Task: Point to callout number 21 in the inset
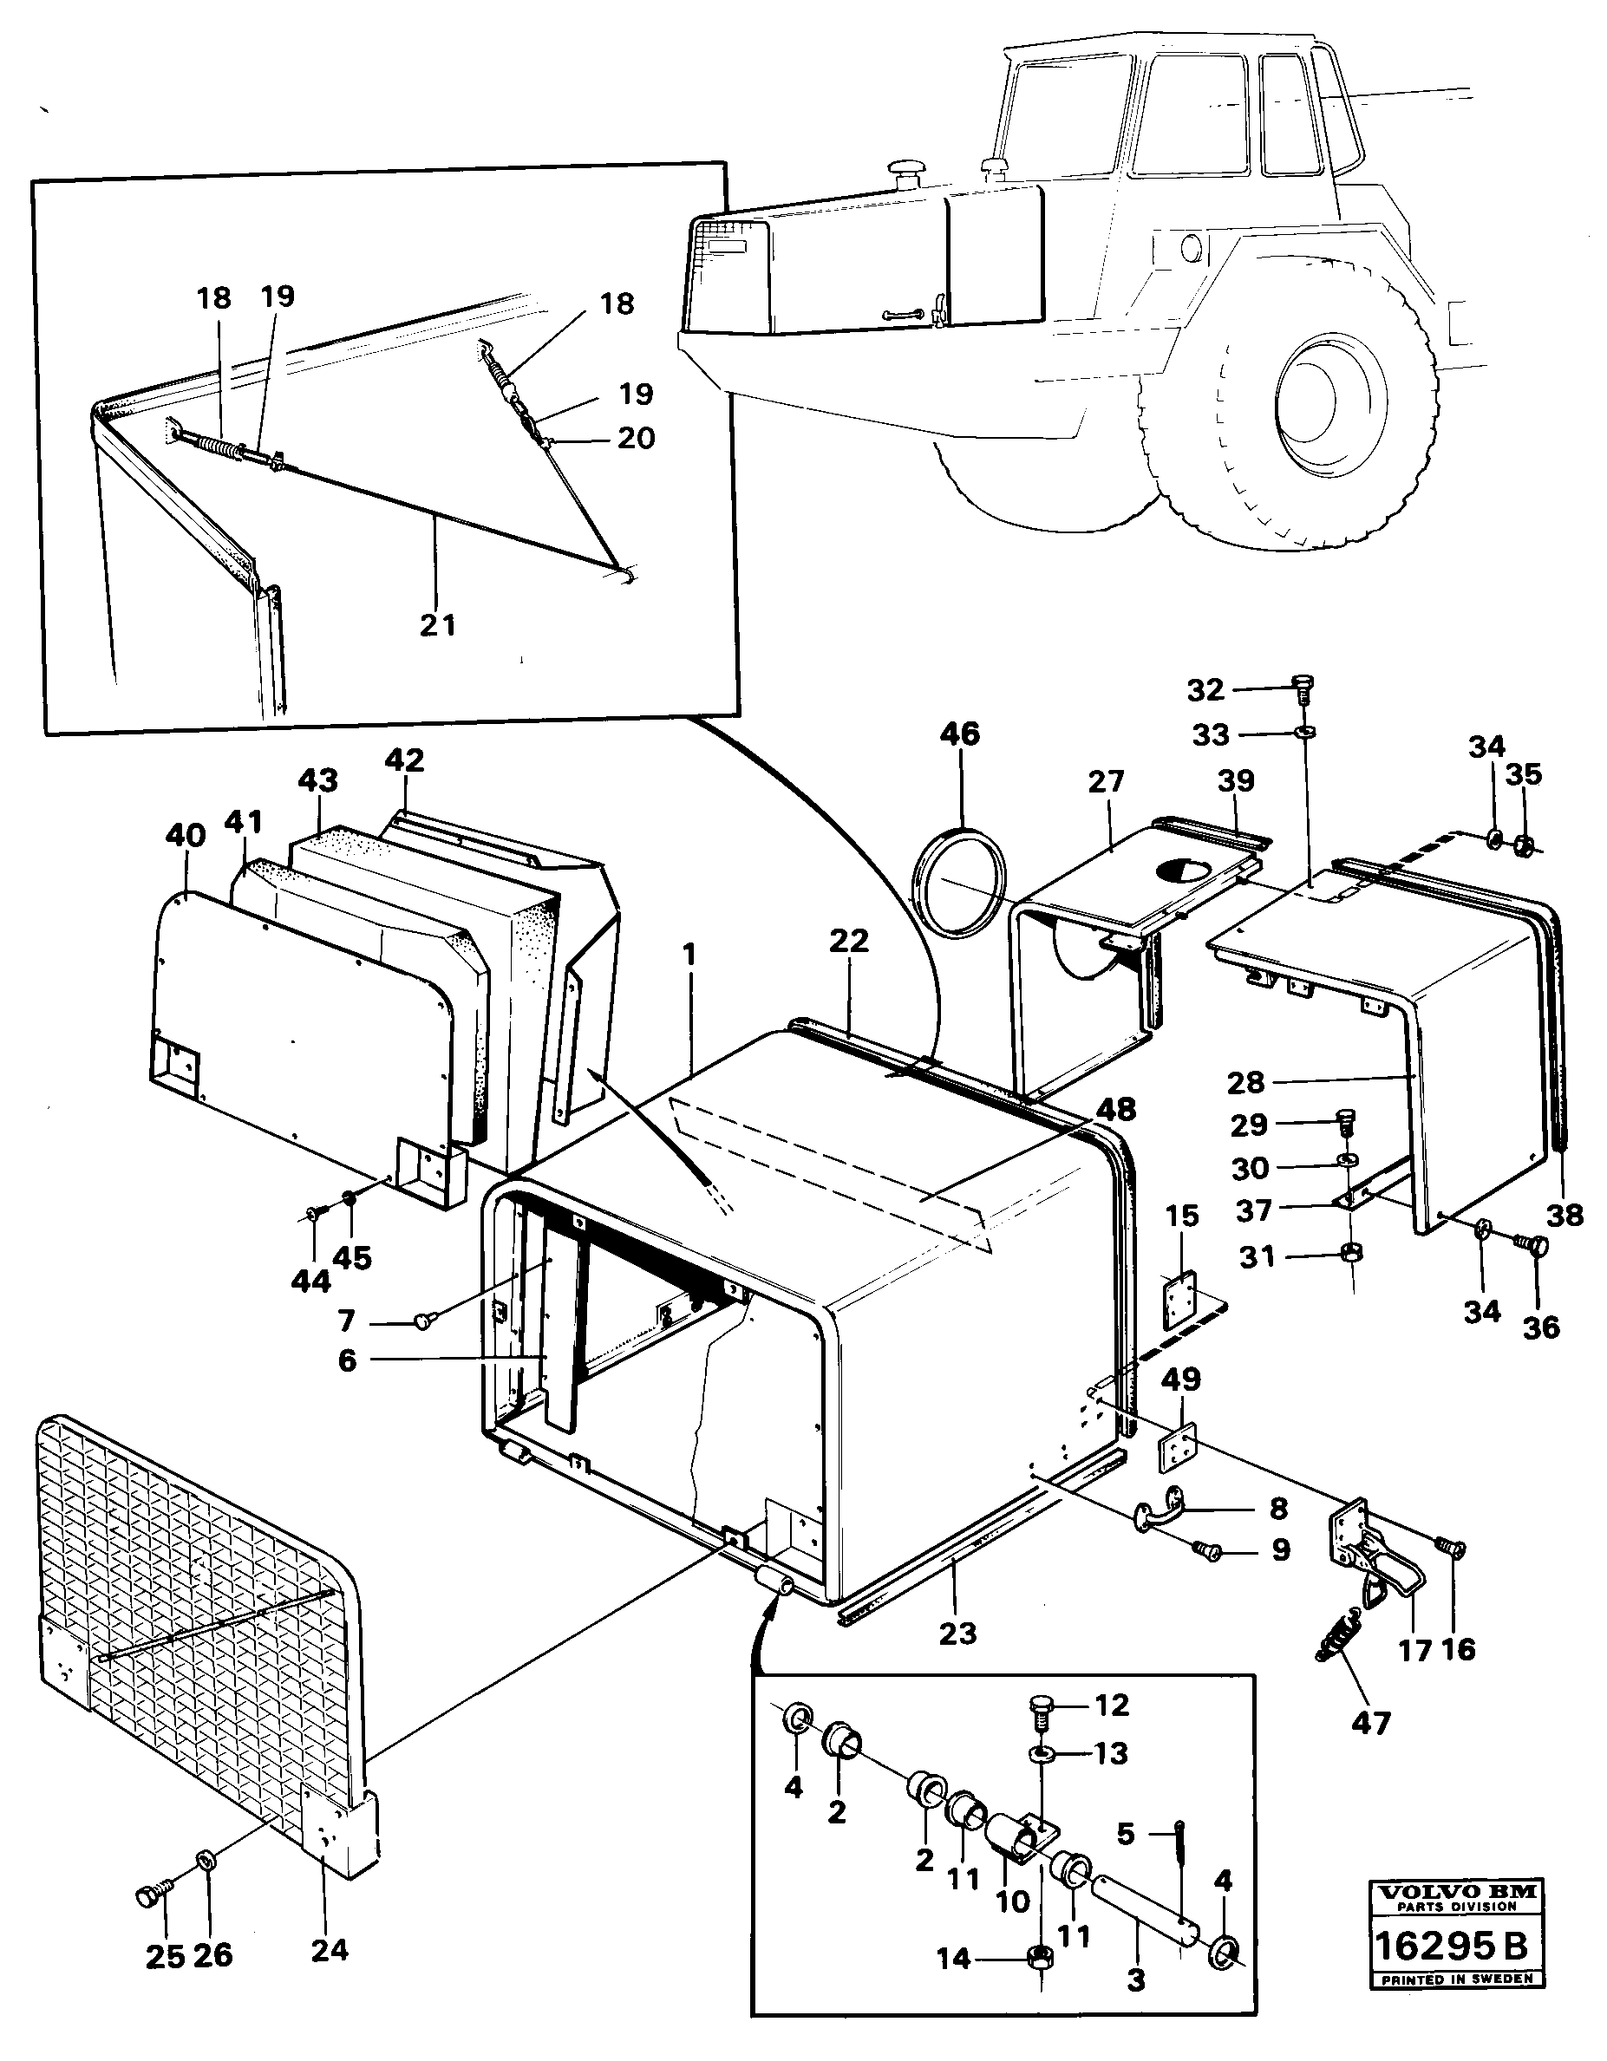coord(438,625)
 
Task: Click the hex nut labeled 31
coord(1350,1254)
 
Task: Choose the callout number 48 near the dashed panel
coord(1116,1109)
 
